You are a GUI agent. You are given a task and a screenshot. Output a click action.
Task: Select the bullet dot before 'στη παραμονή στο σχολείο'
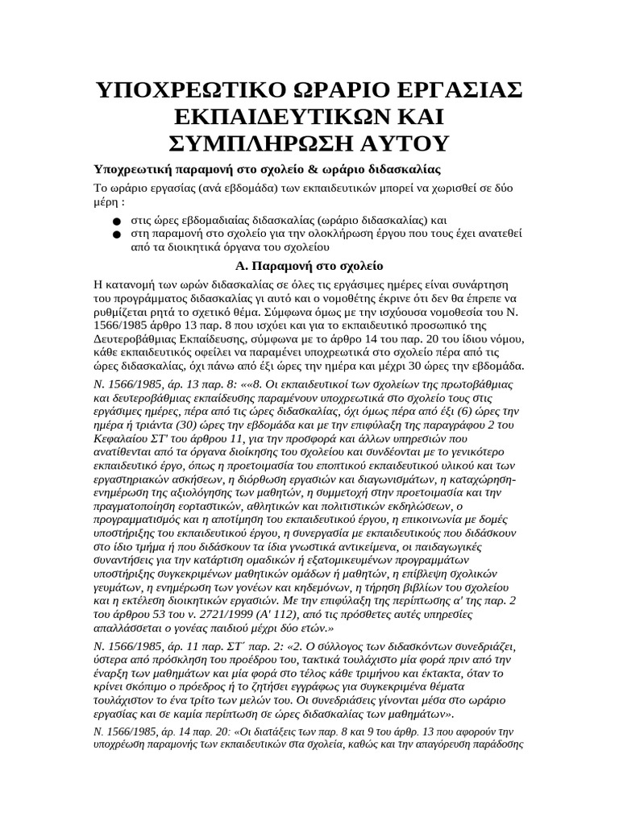[x=116, y=234]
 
